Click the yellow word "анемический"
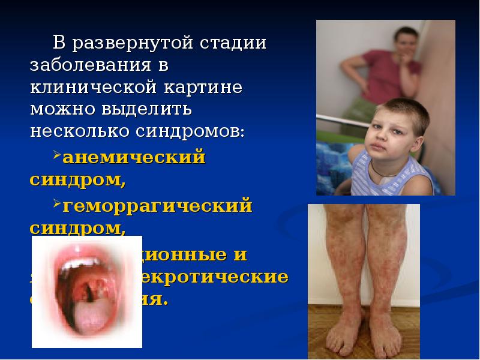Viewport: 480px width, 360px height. pos(134,157)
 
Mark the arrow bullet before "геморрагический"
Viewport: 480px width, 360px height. pos(57,206)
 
